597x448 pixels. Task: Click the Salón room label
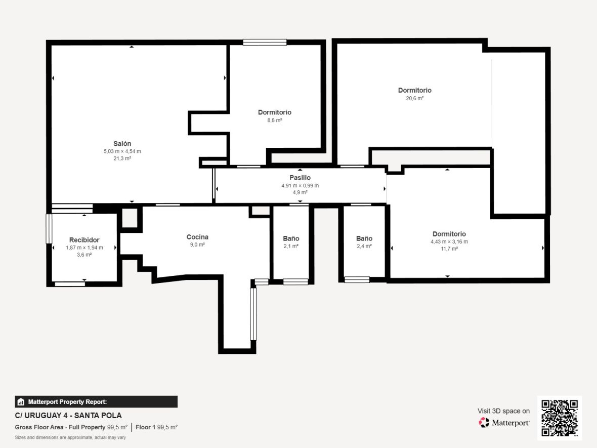pos(122,144)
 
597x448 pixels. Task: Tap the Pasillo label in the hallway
pos(300,178)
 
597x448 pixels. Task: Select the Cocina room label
pos(197,237)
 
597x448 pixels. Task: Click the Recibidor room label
pos(84,240)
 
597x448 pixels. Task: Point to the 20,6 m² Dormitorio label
pos(415,90)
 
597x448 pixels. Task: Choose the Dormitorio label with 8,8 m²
pos(275,112)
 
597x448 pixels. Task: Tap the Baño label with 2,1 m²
pos(291,238)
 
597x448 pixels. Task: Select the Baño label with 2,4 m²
pos(364,238)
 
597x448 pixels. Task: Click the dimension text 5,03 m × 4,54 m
pos(122,151)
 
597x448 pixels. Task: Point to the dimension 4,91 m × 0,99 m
pos(300,185)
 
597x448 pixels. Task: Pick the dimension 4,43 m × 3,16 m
pos(449,241)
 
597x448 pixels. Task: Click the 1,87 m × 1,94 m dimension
pos(84,248)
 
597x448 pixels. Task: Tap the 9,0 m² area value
pos(197,245)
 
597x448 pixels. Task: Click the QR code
pos(559,418)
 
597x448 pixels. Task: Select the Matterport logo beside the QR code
pos(504,423)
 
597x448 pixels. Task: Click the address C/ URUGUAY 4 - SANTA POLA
pos(68,416)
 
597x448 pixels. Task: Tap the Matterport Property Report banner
pos(96,402)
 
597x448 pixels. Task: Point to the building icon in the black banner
pos(21,402)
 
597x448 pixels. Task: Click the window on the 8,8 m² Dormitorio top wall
pos(265,43)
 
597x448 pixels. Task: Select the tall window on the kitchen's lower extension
pos(253,314)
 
